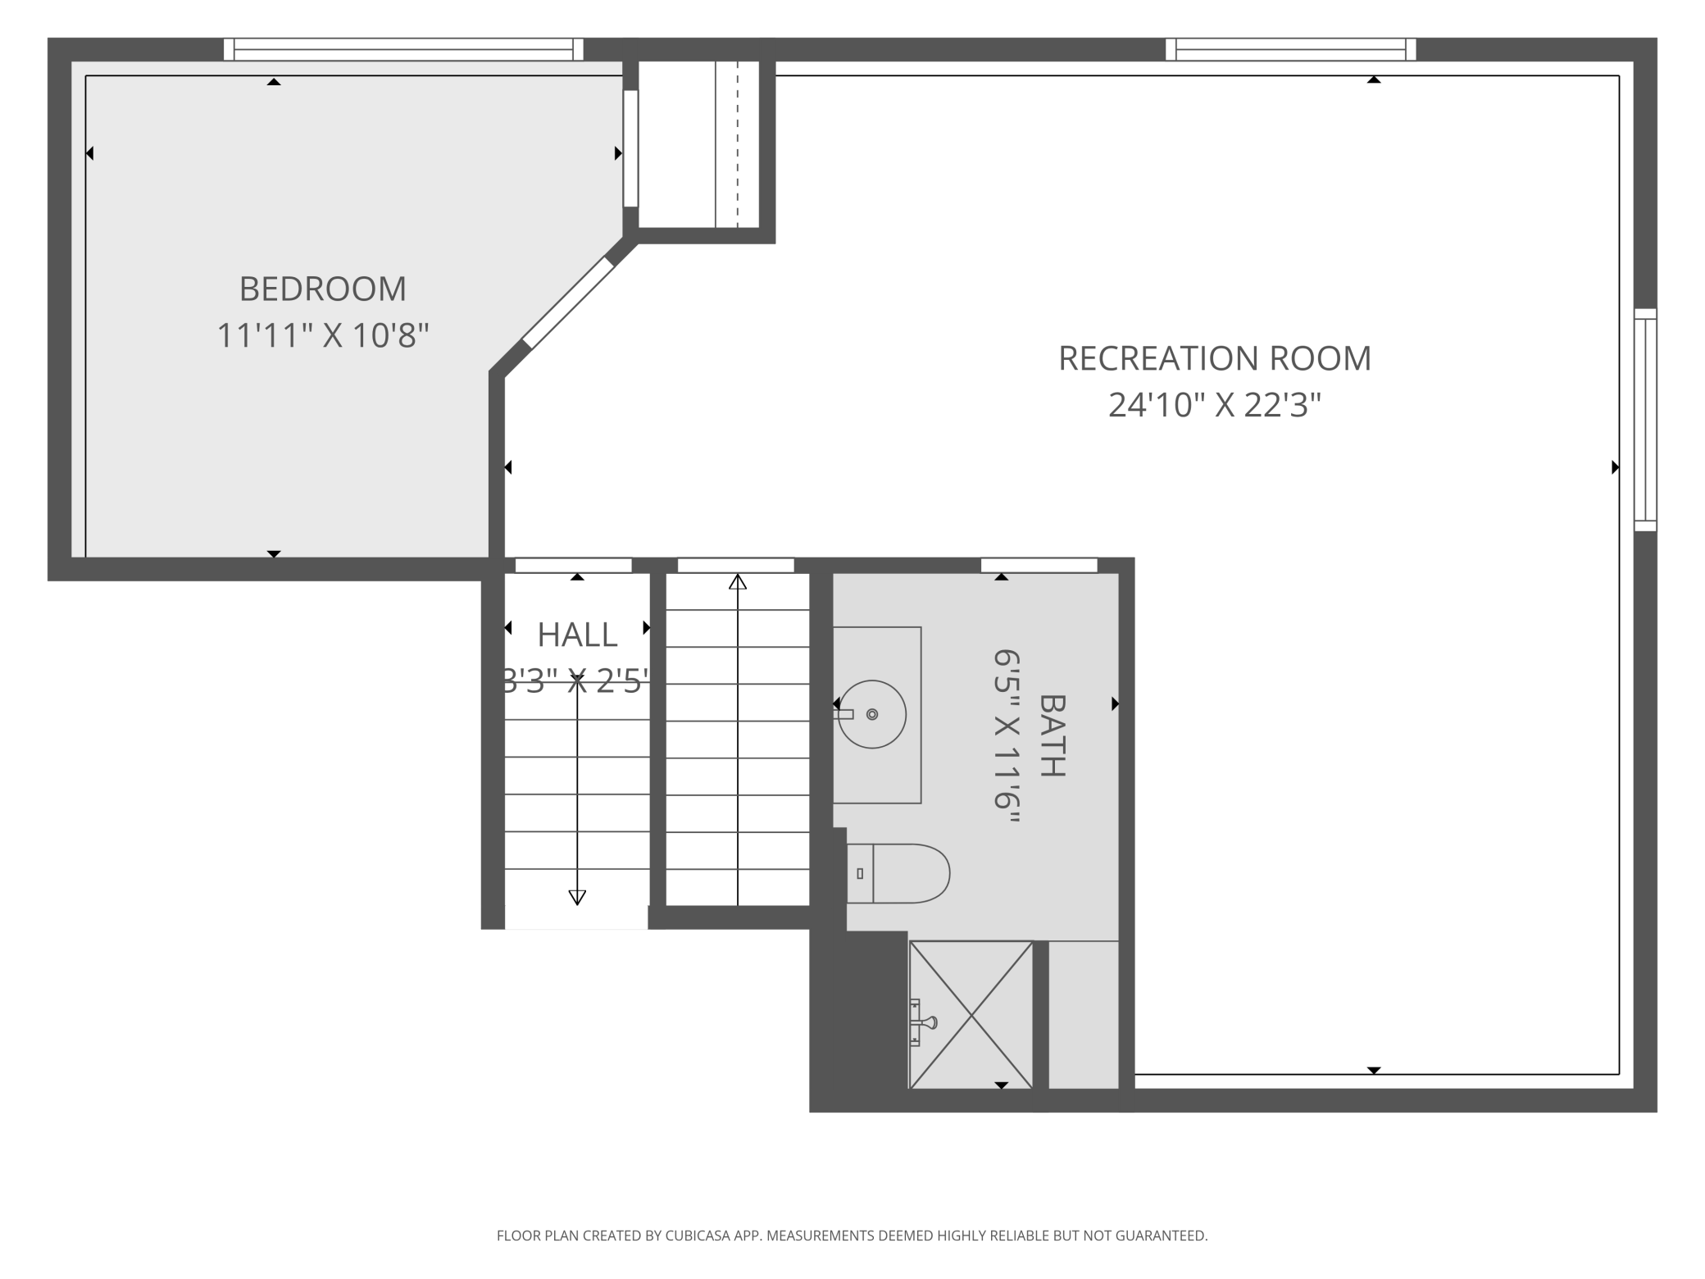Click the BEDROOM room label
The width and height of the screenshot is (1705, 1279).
(x=322, y=289)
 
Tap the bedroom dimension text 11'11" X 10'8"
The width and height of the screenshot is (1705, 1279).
(x=322, y=335)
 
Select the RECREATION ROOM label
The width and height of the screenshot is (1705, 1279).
(x=1214, y=358)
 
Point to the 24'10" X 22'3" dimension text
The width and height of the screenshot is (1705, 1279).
(x=1214, y=405)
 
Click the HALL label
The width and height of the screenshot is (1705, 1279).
(x=577, y=635)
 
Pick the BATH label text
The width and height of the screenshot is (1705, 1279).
(x=1053, y=735)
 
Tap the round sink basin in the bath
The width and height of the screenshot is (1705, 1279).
(x=872, y=714)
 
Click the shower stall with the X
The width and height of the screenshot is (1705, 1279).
(x=971, y=1015)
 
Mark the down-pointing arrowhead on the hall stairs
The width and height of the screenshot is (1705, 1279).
(x=577, y=897)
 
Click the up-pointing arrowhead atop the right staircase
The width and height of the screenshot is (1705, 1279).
(x=738, y=582)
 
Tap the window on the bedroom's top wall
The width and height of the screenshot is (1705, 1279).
(x=403, y=49)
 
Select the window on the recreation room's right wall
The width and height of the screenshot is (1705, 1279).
(x=1644, y=420)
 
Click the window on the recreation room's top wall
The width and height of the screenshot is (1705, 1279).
(x=1290, y=49)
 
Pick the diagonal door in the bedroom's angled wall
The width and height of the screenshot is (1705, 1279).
(x=568, y=303)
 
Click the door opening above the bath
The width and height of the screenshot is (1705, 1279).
(x=1039, y=565)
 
